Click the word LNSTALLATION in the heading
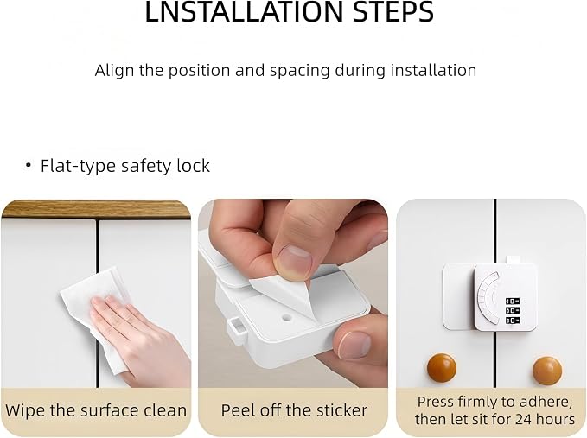click(245, 11)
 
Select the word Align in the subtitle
click(114, 71)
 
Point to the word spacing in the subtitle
click(299, 71)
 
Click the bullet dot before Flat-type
click(28, 165)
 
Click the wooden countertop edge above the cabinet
click(96, 209)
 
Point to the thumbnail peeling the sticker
click(296, 259)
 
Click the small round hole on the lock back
click(286, 319)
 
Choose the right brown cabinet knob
click(547, 371)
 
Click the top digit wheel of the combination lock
click(512, 301)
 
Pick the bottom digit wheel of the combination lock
click(512, 321)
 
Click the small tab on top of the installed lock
click(514, 260)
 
